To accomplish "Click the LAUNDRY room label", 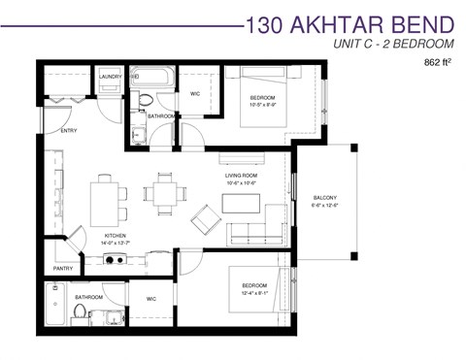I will [x=108, y=75].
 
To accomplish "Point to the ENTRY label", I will [x=69, y=129].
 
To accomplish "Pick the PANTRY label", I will [x=63, y=269].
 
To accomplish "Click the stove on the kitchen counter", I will [x=115, y=259].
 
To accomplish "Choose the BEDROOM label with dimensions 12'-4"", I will [x=257, y=285].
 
